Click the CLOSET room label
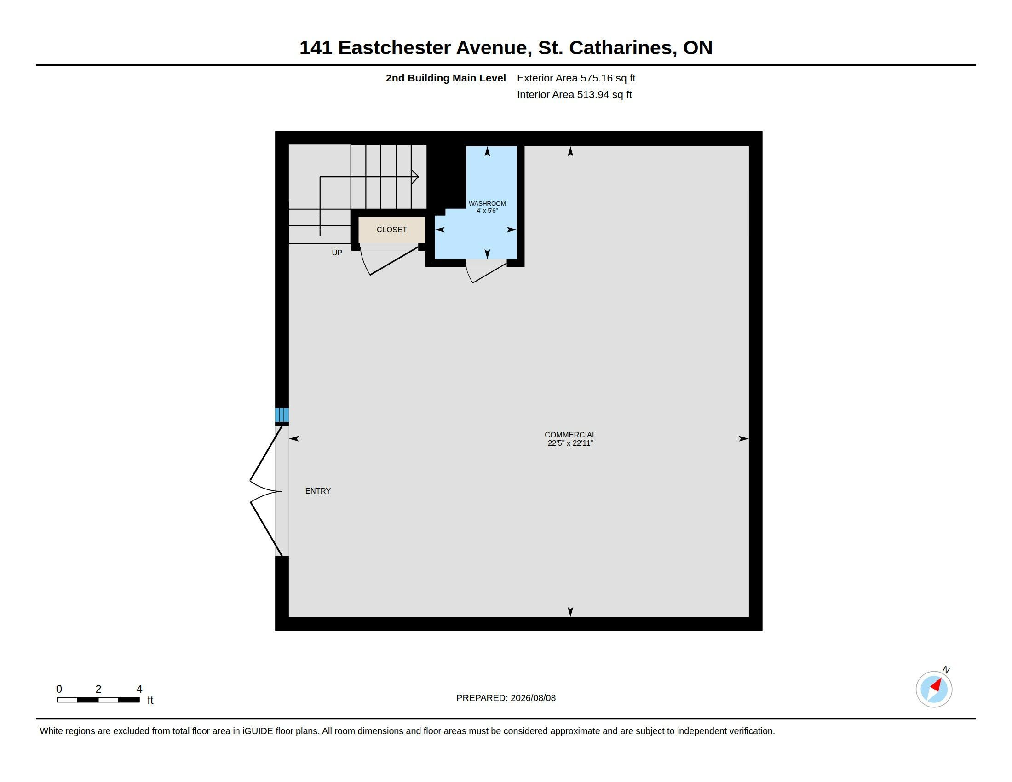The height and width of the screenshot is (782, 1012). coord(391,230)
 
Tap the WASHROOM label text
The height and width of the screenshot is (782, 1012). coord(487,203)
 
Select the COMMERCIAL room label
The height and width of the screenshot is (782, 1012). coord(570,435)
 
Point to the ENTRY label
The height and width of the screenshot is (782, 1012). coord(318,491)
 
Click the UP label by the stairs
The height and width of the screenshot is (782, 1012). coord(337,253)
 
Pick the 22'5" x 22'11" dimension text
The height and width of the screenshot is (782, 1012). coord(570,443)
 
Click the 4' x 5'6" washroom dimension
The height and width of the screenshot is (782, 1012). coord(487,210)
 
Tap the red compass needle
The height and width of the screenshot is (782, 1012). coord(937,685)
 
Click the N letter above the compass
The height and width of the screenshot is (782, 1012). coord(946,670)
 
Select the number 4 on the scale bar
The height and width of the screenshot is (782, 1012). coord(139,689)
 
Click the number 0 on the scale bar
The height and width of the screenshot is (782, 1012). coord(59,689)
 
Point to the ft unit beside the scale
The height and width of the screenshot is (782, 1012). coord(150,700)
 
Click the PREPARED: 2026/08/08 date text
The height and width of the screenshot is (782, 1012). coord(506,698)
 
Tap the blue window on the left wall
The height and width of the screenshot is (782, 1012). coord(282,415)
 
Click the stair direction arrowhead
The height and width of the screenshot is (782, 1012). coord(415,177)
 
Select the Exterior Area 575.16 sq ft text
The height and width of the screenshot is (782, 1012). coord(576,78)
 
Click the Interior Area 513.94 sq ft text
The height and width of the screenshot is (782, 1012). coord(574,94)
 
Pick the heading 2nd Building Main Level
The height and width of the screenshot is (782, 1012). coord(446,78)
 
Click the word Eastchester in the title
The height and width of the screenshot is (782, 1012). coord(394,48)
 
